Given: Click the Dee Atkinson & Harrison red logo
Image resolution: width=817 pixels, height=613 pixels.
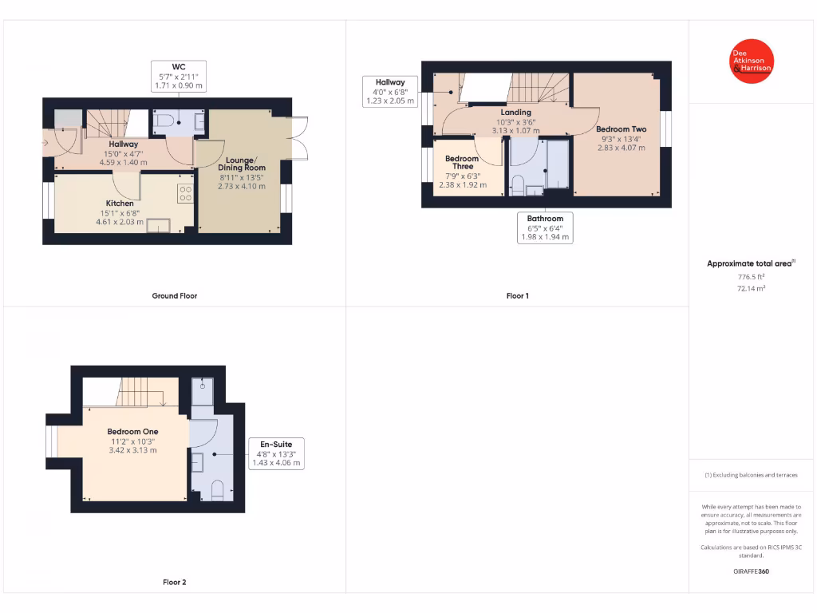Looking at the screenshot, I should (752, 61).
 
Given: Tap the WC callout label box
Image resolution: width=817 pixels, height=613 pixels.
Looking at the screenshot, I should (179, 76).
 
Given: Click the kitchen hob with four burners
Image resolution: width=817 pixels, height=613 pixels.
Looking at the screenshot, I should (185, 192).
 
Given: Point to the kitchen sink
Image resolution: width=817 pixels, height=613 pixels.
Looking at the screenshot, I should (158, 226).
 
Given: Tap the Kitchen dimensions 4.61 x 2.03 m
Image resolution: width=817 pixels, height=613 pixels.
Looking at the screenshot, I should (120, 222).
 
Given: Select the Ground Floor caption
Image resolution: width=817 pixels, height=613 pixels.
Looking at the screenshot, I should (174, 295).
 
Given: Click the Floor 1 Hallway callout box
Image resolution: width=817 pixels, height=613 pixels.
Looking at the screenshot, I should (390, 92).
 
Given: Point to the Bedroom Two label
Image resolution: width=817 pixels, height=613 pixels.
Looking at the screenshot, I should (621, 129).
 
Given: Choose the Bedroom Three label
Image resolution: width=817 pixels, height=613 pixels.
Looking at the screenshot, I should (463, 163).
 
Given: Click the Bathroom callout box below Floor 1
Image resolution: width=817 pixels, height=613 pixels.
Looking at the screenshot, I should (545, 227).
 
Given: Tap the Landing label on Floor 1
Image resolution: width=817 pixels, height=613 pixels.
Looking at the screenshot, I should (515, 113).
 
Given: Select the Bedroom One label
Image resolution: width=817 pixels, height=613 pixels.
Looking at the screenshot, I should (132, 432).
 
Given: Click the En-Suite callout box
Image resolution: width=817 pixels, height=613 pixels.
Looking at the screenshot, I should (276, 453).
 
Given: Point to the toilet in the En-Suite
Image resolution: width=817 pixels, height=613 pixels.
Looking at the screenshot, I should (217, 488).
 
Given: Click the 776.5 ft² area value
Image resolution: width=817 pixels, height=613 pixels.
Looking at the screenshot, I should (751, 276).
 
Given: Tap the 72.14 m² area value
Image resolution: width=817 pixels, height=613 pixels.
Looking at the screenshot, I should (751, 288).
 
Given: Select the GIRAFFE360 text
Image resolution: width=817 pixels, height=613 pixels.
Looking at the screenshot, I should (751, 571).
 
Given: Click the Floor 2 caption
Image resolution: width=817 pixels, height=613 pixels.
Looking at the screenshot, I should (174, 582).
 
